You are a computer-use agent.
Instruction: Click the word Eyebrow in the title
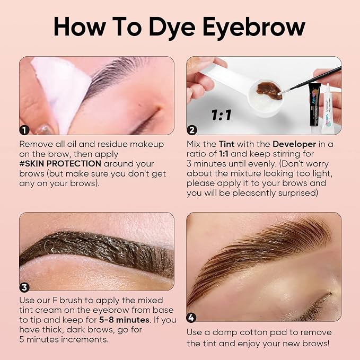tap(254, 27)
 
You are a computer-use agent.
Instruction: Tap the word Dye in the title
tap(172, 27)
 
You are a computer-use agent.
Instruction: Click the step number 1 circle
tap(24, 130)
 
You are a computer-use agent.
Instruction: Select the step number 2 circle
tap(192, 130)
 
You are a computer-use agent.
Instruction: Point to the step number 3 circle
tap(24, 287)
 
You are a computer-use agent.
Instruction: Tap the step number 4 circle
tap(191, 318)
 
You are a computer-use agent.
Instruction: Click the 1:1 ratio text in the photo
tap(221, 115)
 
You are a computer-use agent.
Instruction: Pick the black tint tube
tap(314, 104)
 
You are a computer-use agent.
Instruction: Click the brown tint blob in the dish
tap(269, 91)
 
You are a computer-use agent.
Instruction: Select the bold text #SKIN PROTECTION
tap(60, 163)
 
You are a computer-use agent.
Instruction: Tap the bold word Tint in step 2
tap(226, 144)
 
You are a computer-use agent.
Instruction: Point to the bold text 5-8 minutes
tap(124, 320)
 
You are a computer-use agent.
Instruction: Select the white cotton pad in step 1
tap(61, 92)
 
